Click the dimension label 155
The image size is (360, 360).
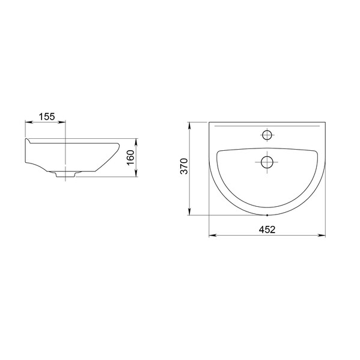(x=47, y=117)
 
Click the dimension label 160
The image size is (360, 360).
(x=130, y=157)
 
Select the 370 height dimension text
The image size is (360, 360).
(x=184, y=166)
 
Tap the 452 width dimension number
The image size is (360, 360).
(x=267, y=230)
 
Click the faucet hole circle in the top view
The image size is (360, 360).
(x=267, y=135)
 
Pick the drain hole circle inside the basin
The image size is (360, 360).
(x=267, y=162)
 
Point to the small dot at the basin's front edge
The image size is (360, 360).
(x=267, y=215)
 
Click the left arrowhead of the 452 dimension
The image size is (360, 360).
(x=212, y=236)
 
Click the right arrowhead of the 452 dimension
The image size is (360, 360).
(x=322, y=236)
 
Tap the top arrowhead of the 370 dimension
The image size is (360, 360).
(x=189, y=126)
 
